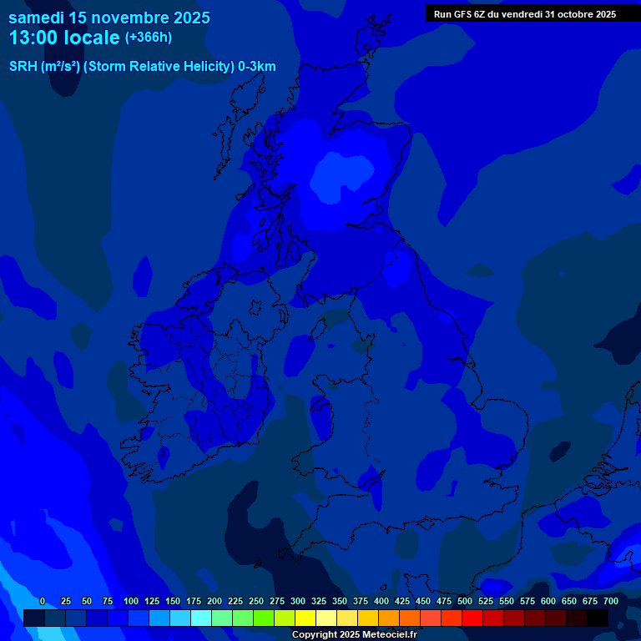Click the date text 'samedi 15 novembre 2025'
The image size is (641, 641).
109,18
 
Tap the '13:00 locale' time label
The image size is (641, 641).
64,38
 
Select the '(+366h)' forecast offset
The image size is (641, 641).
148,38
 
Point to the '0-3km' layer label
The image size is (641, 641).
257,67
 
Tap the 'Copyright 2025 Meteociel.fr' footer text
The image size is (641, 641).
354,634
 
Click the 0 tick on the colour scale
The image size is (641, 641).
43,601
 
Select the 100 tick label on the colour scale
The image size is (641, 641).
131,601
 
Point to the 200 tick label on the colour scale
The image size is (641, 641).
215,601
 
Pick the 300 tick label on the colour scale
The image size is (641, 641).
298,601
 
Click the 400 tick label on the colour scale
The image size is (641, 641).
381,601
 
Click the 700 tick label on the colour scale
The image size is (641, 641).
611,601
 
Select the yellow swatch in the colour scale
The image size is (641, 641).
305,618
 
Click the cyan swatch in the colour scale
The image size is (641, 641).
201,618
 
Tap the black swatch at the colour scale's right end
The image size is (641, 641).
598,618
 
